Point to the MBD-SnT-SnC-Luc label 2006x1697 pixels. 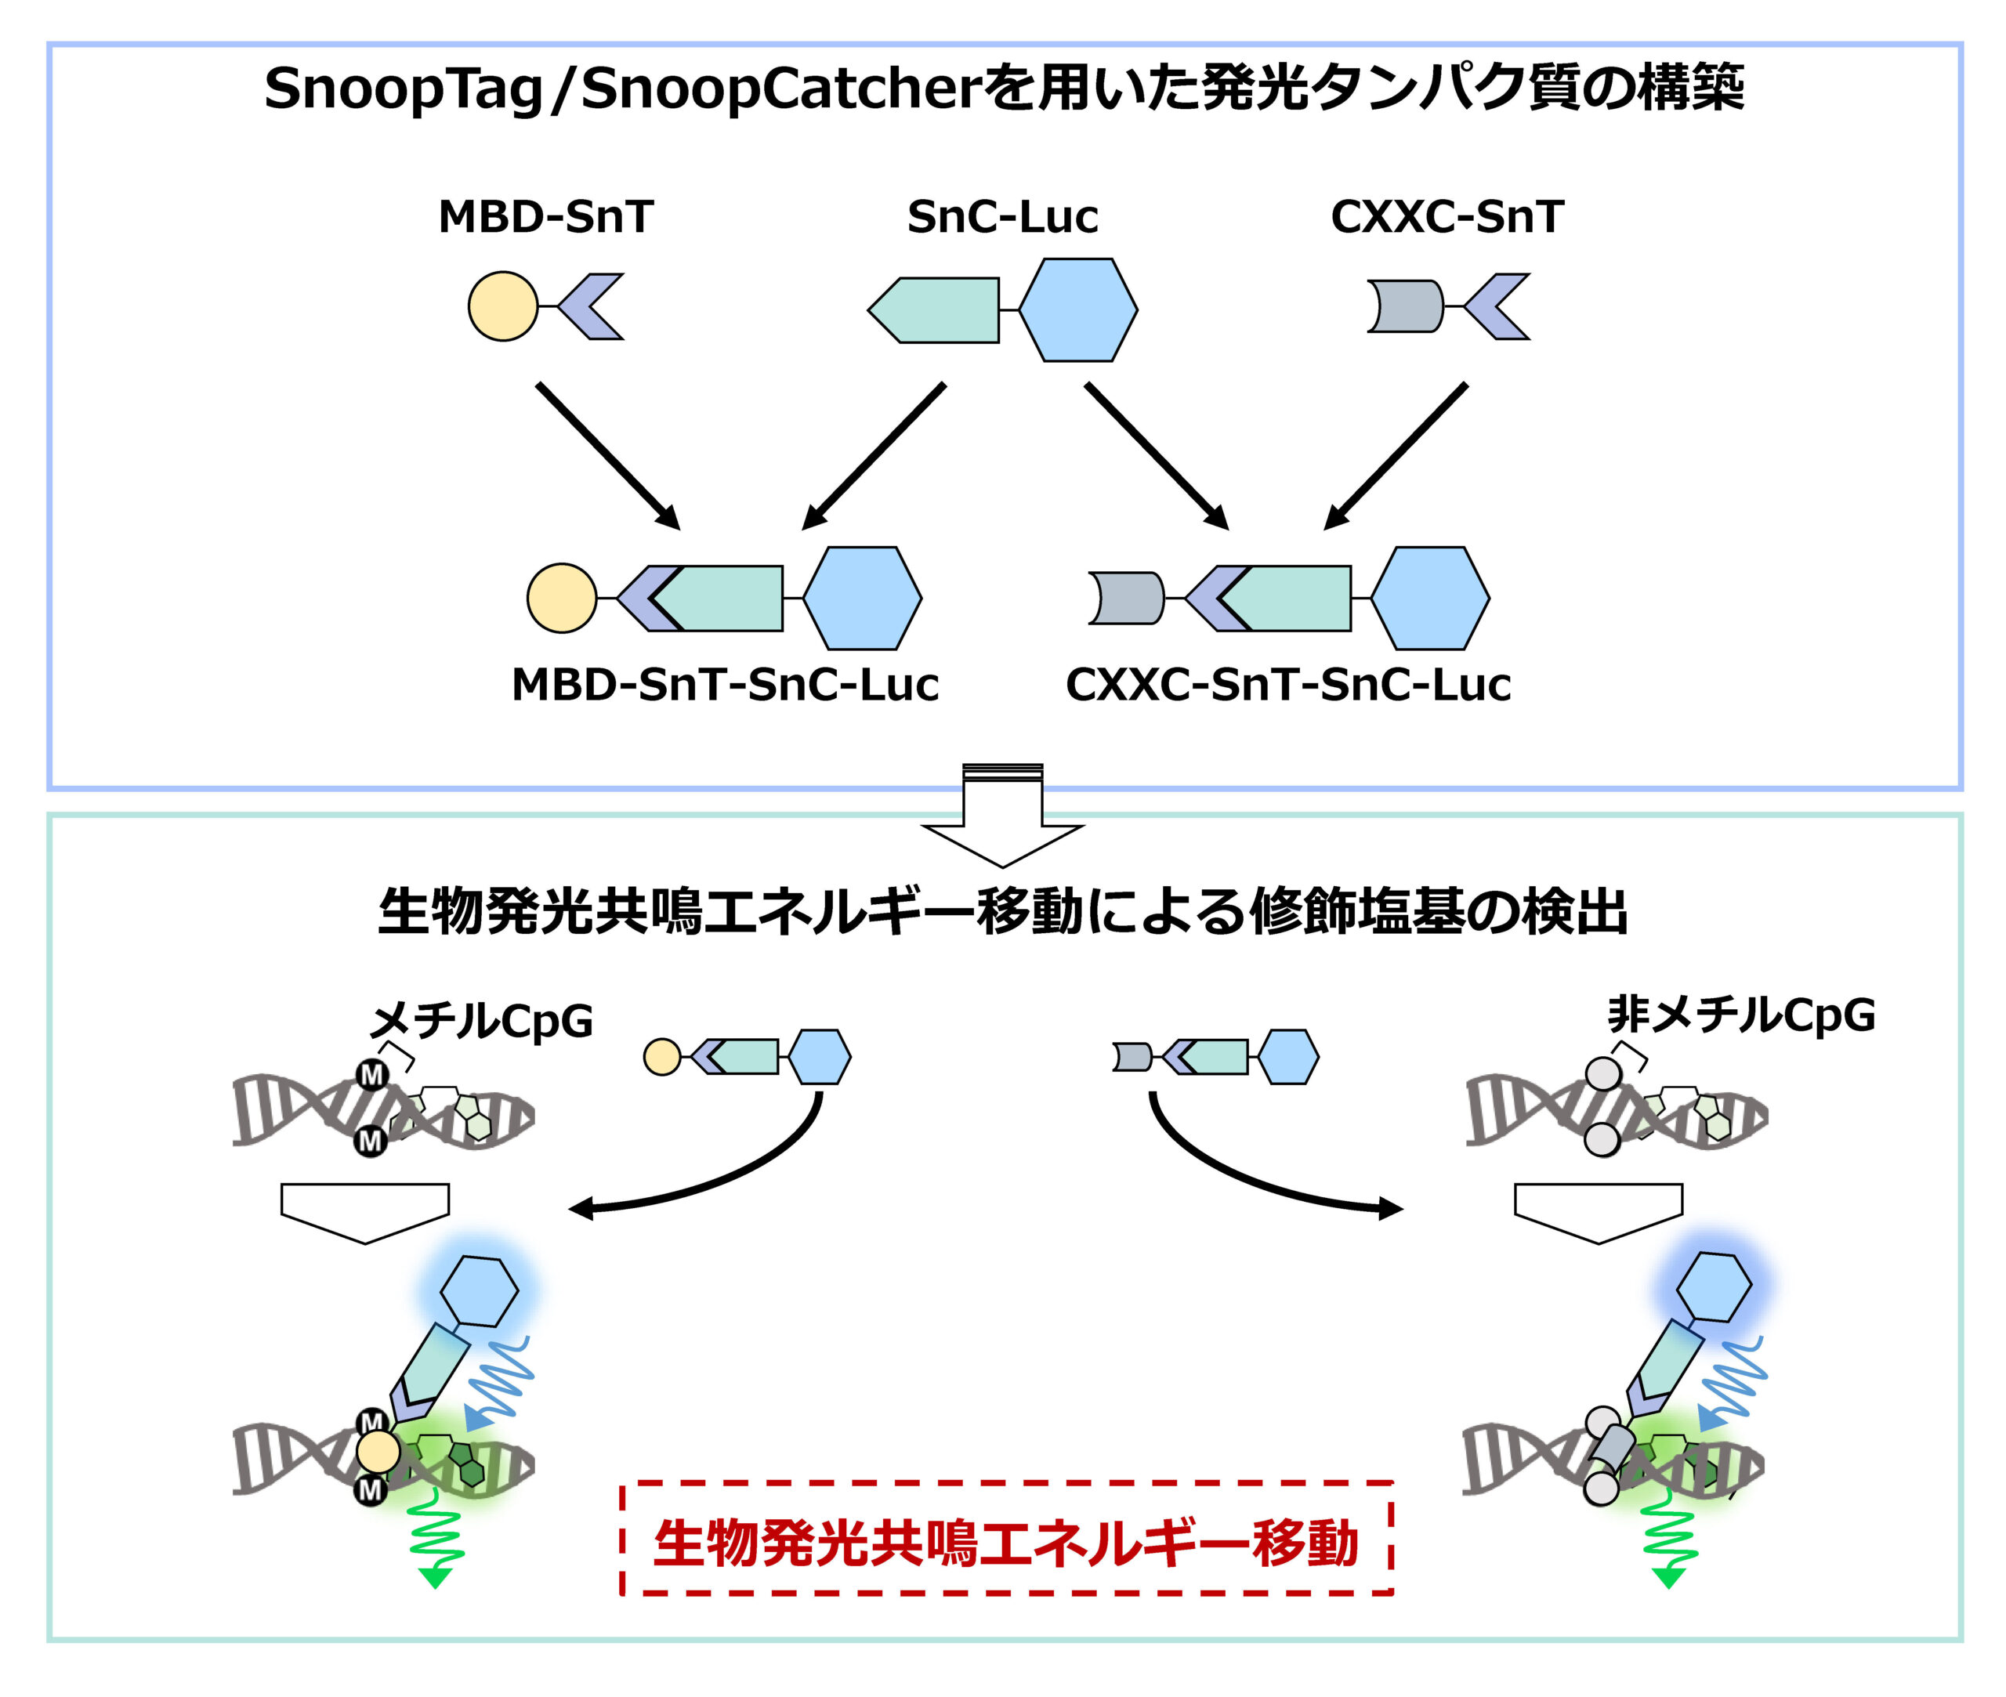(725, 685)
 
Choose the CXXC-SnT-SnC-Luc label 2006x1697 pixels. (1287, 685)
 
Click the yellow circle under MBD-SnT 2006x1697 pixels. (502, 306)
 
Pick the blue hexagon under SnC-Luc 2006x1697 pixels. (1077, 309)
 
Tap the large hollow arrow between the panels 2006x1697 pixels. (1001, 818)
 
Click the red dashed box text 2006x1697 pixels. (1005, 1544)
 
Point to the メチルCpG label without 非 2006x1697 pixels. (481, 1020)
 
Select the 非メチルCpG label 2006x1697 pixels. (1741, 1015)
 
